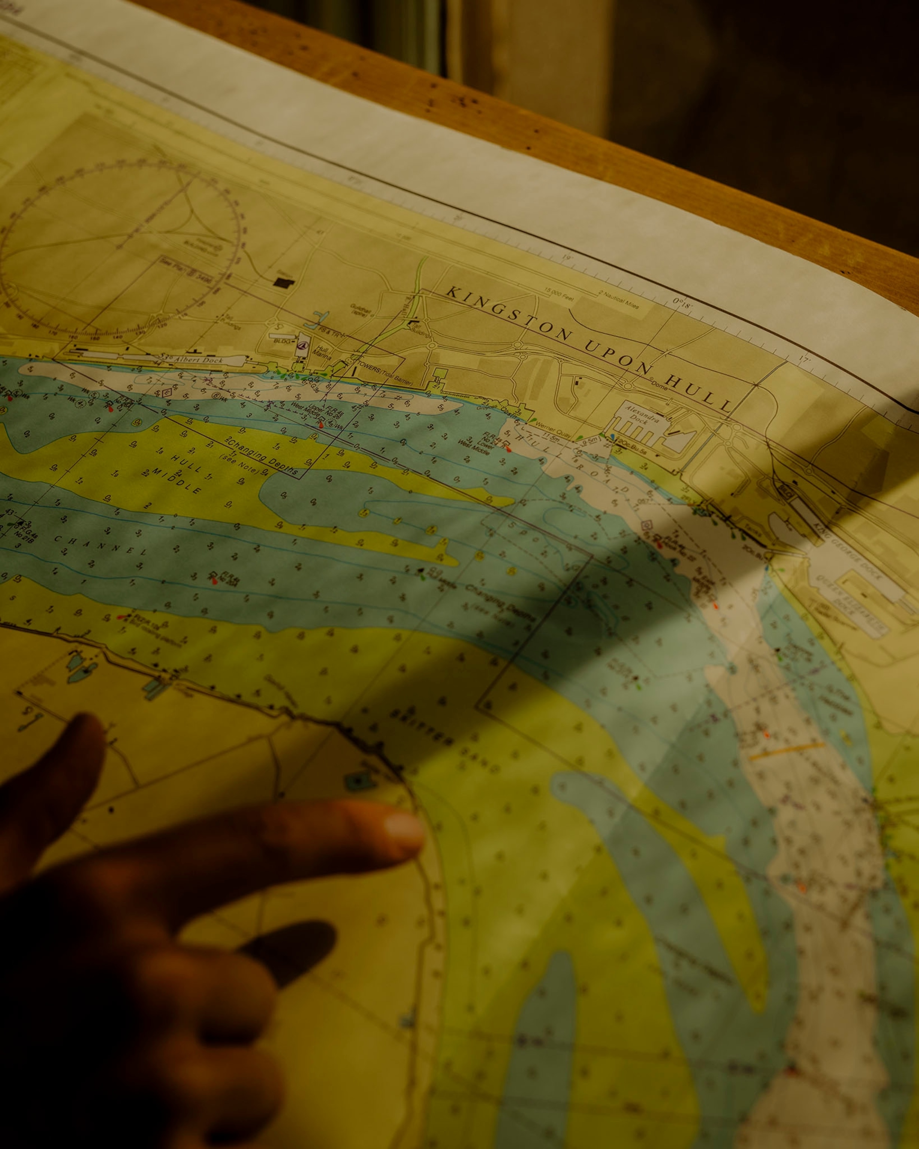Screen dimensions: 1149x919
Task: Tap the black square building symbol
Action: (283, 282)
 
